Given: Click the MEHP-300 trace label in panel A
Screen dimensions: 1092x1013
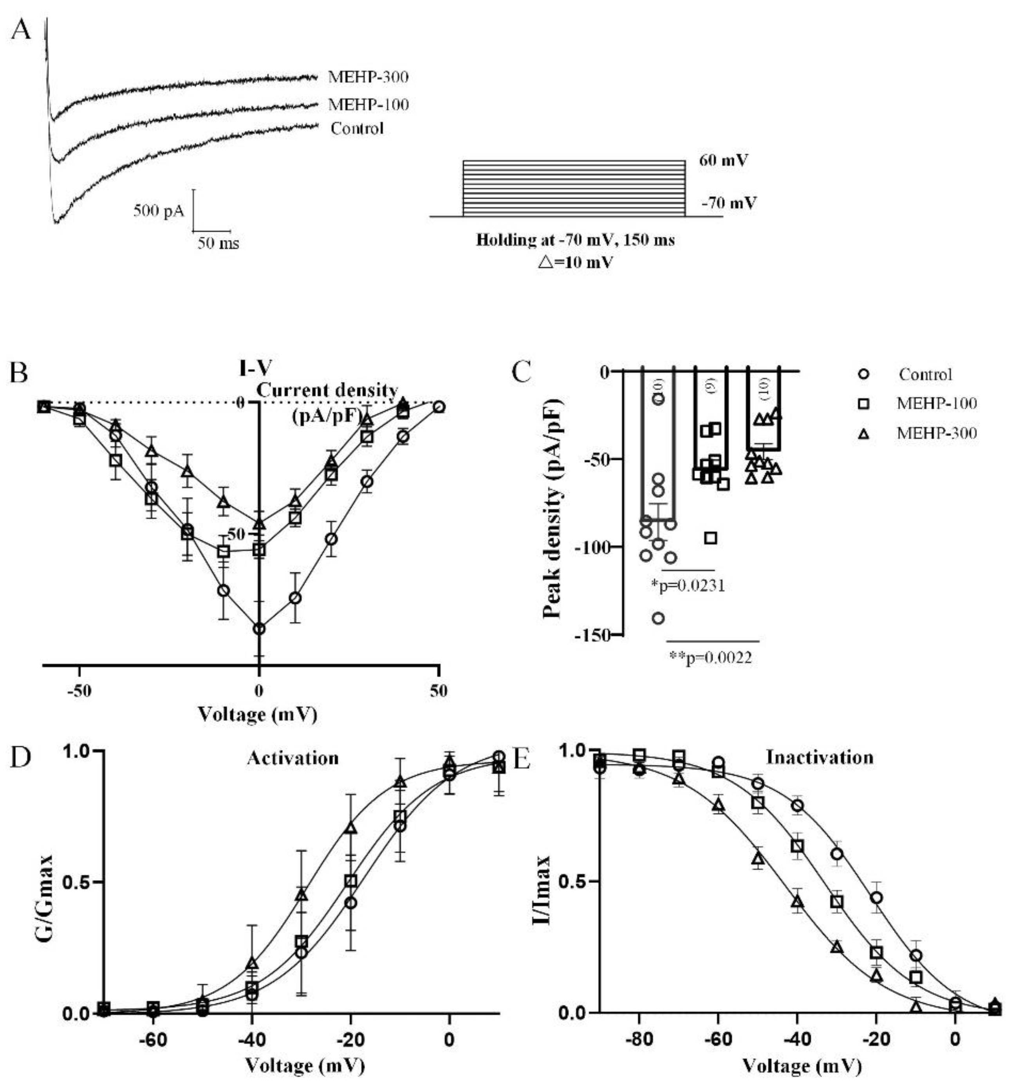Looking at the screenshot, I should point(368,77).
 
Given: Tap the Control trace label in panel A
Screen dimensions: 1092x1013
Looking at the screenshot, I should point(357,129).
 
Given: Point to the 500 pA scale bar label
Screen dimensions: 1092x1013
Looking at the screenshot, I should point(159,211).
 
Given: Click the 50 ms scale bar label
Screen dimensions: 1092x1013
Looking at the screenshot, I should point(218,243).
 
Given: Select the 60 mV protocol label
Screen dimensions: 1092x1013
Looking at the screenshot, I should point(723,161).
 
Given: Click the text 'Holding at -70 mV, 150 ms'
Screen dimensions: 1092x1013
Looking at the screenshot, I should point(575,240).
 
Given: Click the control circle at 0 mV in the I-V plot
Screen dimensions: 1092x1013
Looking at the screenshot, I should point(259,629).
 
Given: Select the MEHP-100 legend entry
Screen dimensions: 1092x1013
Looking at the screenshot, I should point(937,404).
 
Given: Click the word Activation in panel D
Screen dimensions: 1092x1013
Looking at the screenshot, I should point(293,758).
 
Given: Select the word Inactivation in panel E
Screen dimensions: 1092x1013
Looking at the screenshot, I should point(820,758).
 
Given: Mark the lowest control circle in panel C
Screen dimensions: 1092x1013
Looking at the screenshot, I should point(658,618).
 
